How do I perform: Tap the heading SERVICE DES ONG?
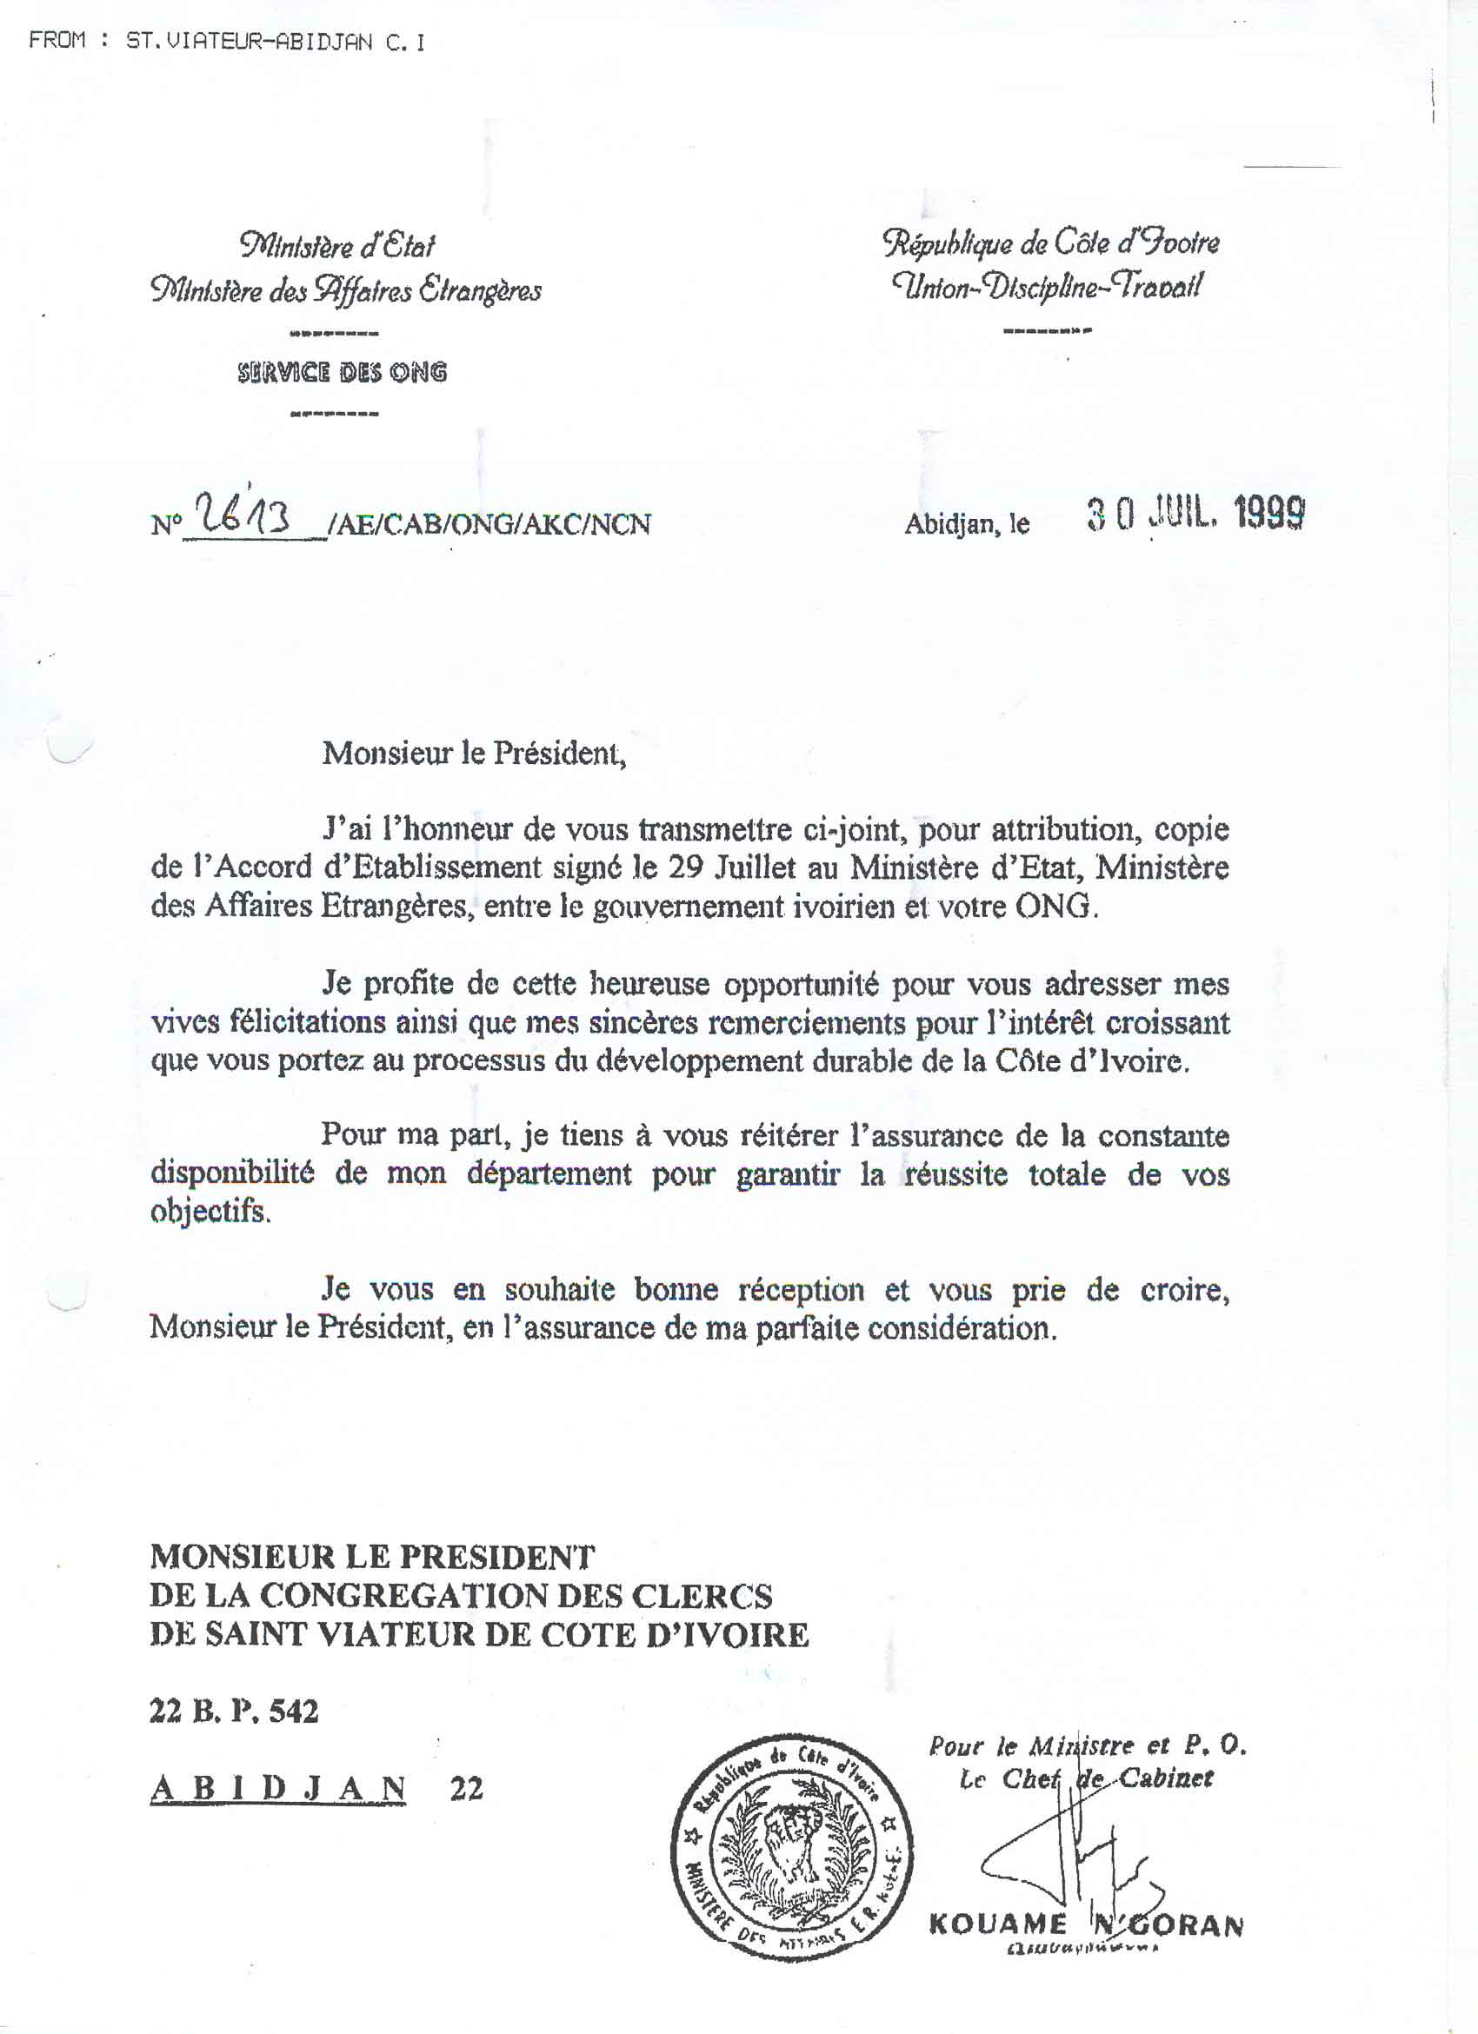point(342,372)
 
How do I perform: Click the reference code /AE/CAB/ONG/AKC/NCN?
point(489,524)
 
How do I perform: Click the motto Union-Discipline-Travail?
point(1046,287)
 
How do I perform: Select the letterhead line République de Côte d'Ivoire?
point(1050,243)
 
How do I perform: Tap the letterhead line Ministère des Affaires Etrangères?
point(345,290)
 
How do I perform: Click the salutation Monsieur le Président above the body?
point(473,753)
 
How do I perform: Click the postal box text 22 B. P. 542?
point(234,1712)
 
